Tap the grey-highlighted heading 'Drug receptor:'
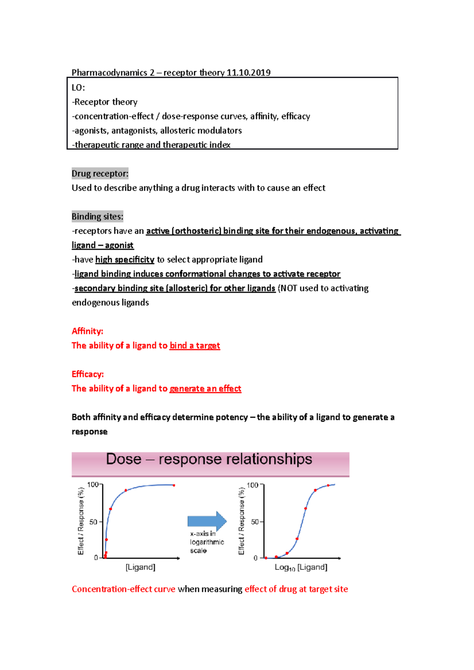(x=100, y=174)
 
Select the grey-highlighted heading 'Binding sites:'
(x=98, y=217)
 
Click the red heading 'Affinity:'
(x=87, y=331)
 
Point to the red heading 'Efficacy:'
(x=88, y=374)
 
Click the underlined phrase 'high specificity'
(x=125, y=260)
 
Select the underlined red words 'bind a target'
(x=195, y=346)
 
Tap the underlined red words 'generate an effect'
(x=205, y=389)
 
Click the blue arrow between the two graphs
(x=207, y=521)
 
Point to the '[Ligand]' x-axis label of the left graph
(x=140, y=567)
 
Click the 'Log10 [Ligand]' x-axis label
(x=301, y=567)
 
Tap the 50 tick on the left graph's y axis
(x=93, y=522)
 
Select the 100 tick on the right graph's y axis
(x=252, y=485)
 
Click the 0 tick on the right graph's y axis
(x=256, y=558)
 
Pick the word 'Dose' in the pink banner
(x=124, y=459)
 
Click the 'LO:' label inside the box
(x=78, y=88)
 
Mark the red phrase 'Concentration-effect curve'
(x=123, y=589)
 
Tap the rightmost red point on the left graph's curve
(x=174, y=485)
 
